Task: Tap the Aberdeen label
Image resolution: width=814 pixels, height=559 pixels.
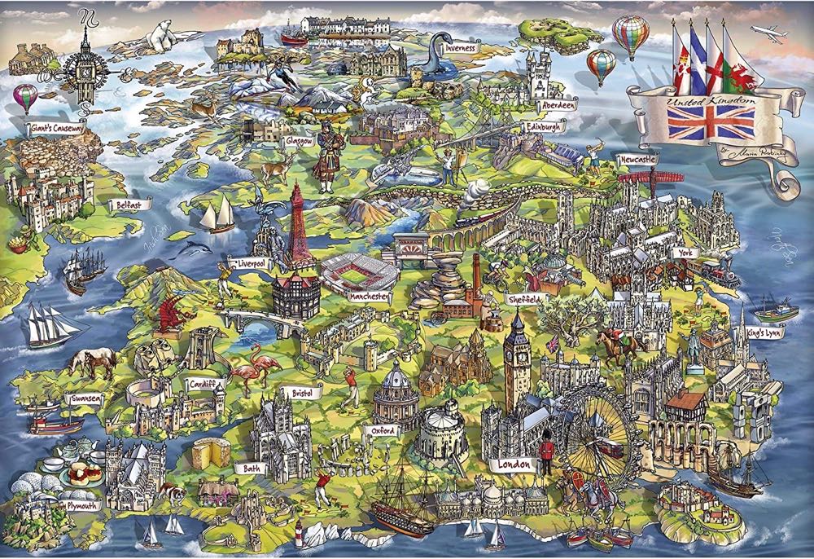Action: coord(557,105)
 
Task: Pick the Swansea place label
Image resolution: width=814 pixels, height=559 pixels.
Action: coord(85,398)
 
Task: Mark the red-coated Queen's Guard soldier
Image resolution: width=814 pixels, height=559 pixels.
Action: coord(547,453)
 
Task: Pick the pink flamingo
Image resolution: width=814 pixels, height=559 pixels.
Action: coord(246,371)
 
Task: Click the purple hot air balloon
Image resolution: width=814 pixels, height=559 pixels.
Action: coord(25,97)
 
